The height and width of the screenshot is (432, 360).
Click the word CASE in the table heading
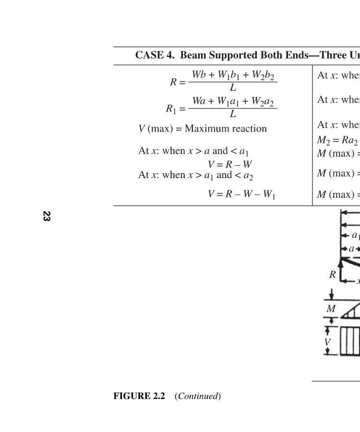149,55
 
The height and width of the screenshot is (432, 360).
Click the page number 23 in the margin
47,216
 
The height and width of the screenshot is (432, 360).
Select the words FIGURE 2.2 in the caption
139,396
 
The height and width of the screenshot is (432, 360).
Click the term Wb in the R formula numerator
199,75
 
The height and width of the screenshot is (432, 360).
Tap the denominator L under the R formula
233,88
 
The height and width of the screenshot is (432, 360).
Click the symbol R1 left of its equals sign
172,109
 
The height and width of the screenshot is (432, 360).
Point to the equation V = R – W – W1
241,194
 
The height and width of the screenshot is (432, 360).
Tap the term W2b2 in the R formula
265,76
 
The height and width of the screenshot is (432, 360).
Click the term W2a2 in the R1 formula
265,102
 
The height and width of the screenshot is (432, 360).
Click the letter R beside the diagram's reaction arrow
332,275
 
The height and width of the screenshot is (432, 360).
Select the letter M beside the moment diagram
331,309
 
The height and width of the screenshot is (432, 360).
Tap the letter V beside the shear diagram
327,342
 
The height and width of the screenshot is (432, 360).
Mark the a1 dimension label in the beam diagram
356,235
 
